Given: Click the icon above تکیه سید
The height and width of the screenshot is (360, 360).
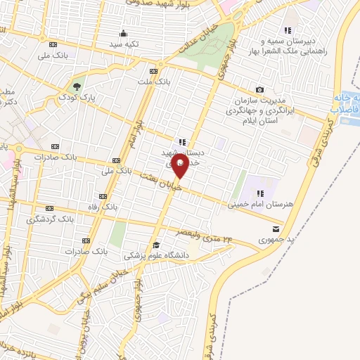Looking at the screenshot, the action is (x=124, y=32).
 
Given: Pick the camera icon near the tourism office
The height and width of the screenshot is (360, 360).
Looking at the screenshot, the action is (x=260, y=89).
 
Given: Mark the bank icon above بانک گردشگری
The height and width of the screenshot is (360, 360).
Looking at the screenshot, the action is (x=49, y=209).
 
